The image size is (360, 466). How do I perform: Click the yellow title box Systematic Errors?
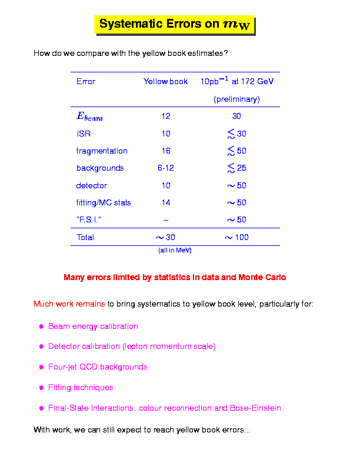click(x=174, y=24)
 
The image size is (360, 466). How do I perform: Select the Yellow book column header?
click(x=165, y=82)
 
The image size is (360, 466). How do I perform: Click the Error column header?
click(x=86, y=82)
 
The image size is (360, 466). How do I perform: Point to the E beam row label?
click(x=89, y=116)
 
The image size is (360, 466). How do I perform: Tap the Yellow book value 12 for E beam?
click(x=166, y=116)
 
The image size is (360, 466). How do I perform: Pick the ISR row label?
click(x=84, y=134)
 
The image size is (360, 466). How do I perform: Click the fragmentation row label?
click(x=102, y=151)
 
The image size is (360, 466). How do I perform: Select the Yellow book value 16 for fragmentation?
click(x=166, y=151)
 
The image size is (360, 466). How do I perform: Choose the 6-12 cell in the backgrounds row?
click(x=166, y=168)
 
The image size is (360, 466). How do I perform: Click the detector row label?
click(x=92, y=186)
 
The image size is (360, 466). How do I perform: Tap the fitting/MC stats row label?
click(x=104, y=203)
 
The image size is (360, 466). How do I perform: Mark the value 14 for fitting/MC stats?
click(x=166, y=203)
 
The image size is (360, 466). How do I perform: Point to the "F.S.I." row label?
click(x=92, y=220)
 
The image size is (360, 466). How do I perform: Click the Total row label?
click(x=85, y=238)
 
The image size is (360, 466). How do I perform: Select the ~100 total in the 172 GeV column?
click(x=236, y=238)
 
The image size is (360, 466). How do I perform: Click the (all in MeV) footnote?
click(x=175, y=251)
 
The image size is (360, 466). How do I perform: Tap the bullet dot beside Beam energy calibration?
click(x=42, y=327)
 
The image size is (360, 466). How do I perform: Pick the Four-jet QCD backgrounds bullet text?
click(x=98, y=367)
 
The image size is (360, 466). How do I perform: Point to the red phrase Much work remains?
click(x=69, y=305)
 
